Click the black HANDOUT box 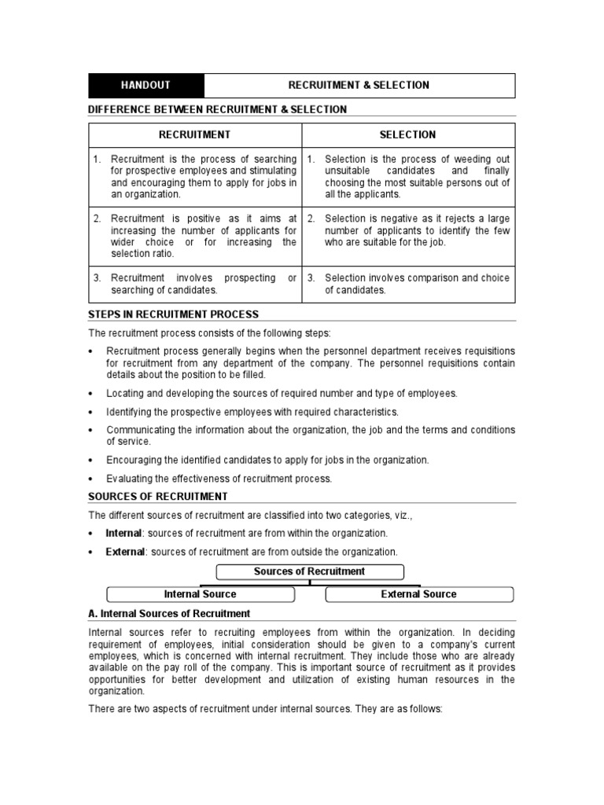145,85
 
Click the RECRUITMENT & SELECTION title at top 359,85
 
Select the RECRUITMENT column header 195,134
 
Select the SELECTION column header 407,134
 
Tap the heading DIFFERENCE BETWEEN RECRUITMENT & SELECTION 217,109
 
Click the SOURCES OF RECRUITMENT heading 158,496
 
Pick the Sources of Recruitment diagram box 309,572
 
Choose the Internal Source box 200,594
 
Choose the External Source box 418,594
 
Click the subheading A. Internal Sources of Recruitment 169,613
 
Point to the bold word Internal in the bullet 124,533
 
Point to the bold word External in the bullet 125,552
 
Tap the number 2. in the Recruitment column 98,219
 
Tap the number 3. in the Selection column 311,278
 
